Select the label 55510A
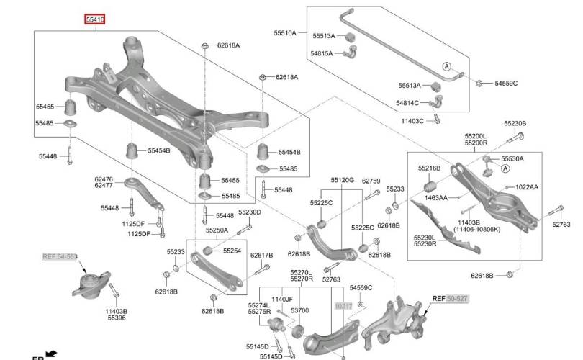[284, 33]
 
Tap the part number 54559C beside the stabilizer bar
[506, 84]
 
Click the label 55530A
[512, 158]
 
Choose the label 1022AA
[526, 187]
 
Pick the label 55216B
[429, 168]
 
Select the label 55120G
[343, 180]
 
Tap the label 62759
[371, 180]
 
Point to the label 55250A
[217, 230]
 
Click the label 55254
[232, 251]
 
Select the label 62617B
[261, 255]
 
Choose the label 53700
[299, 310]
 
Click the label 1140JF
[281, 299]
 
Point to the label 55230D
[250, 212]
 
